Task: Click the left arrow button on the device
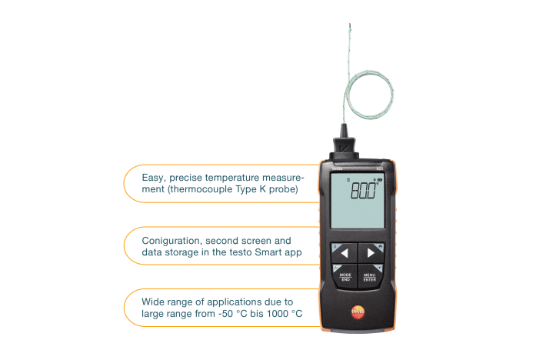click(344, 252)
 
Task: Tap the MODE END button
click(345, 277)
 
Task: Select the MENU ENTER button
click(371, 277)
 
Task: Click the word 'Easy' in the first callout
click(154, 177)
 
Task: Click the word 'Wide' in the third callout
click(155, 302)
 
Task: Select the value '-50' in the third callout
click(236, 314)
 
